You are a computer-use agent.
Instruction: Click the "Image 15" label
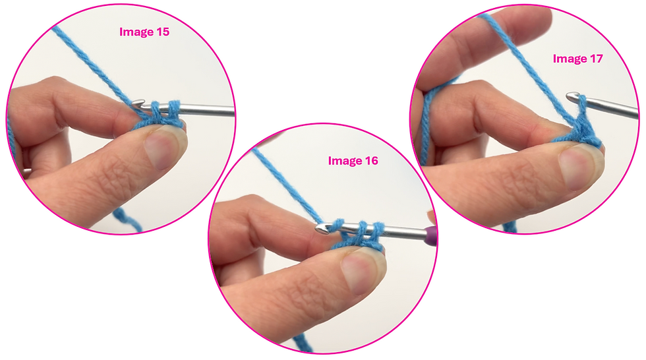pos(144,31)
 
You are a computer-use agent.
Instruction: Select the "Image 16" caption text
pos(353,160)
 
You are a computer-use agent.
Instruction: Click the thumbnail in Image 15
pos(160,148)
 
